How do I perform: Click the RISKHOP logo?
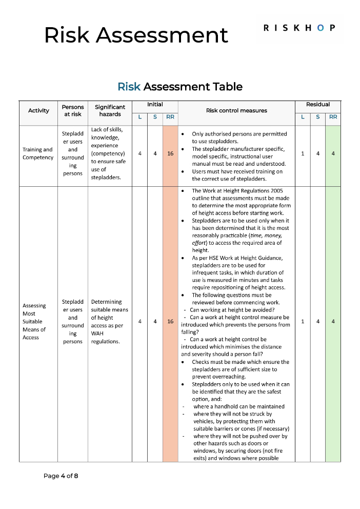click(300, 28)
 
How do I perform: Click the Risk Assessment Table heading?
click(180, 87)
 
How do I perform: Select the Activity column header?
click(38, 110)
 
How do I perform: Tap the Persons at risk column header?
click(73, 110)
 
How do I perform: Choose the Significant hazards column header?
click(110, 110)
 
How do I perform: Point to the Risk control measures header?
click(236, 110)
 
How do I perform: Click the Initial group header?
click(155, 105)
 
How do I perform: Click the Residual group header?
click(317, 105)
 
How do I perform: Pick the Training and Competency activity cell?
click(38, 153)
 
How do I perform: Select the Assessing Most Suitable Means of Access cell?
click(35, 322)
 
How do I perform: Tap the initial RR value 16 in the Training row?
click(170, 153)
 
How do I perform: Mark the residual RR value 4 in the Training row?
click(333, 153)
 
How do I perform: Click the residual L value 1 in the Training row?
click(303, 153)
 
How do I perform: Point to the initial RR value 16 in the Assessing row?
click(170, 322)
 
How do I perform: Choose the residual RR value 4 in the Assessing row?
click(333, 322)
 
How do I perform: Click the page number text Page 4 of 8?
click(61, 476)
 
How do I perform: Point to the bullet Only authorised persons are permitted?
click(239, 134)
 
